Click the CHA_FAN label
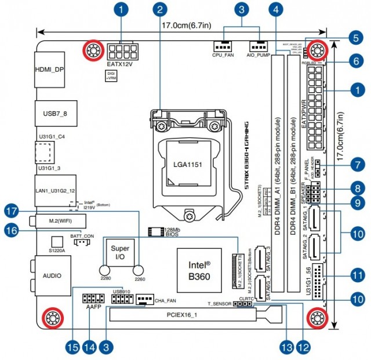[x=166, y=301]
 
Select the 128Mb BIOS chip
[x=155, y=232]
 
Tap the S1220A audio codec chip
[x=56, y=241]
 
